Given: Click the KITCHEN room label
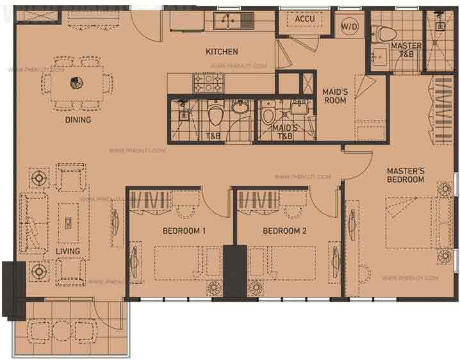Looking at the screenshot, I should [222, 52].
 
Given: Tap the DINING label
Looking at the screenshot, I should [78, 120].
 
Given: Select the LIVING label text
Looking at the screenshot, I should [67, 251].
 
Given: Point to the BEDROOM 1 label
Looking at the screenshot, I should [183, 231].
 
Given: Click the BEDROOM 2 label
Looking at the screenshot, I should [284, 231].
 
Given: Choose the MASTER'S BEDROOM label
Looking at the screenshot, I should [406, 175].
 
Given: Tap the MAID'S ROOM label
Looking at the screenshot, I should [335, 95].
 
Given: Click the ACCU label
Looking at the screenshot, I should [304, 19].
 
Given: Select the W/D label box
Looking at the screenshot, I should [349, 26].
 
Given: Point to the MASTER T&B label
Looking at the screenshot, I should [406, 50].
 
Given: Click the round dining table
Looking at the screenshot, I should [76, 82].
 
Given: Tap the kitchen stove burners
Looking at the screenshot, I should [208, 82].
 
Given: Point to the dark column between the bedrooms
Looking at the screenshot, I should [235, 272].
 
